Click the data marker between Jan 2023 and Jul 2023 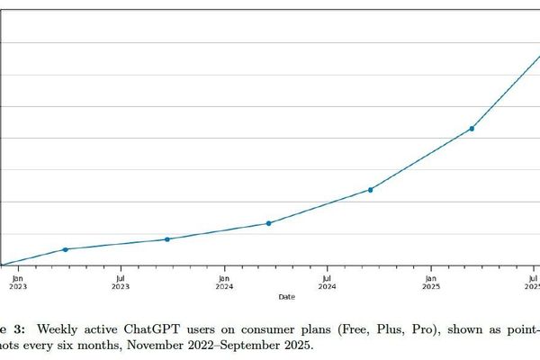65,249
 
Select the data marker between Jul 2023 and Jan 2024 167,239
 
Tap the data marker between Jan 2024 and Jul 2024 269,223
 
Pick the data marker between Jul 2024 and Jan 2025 371,190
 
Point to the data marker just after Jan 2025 472,129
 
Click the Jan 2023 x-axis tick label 18,282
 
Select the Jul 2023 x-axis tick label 121,282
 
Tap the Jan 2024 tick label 224,282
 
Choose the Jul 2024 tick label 328,282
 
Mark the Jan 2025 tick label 431,282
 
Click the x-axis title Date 285,296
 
